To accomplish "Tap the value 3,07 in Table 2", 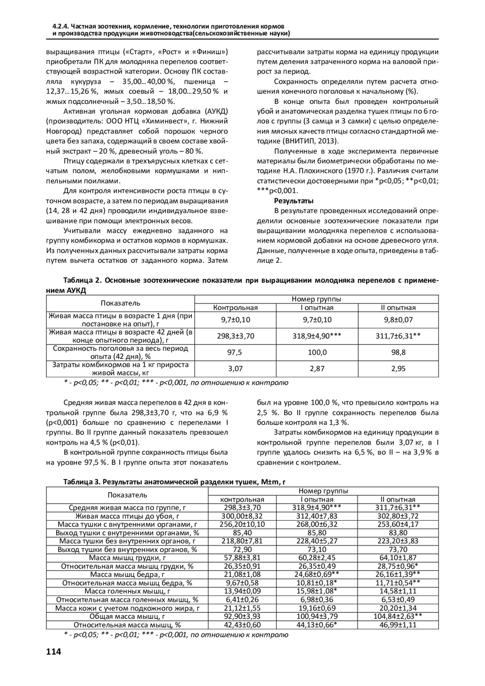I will click(235, 369).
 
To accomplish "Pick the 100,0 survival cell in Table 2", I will click(317, 352).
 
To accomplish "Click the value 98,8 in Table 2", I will click(398, 352).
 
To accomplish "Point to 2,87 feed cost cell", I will click(317, 369).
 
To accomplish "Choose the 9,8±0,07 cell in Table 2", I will click(398, 320).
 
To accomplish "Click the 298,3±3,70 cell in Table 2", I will click(235, 336).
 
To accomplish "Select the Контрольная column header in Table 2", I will click(235, 308).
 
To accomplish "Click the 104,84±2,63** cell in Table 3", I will click(398, 616).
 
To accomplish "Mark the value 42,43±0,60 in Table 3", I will click(242, 625).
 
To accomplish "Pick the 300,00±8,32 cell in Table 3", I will click(242, 516).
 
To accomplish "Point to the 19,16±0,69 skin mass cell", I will click(317, 608).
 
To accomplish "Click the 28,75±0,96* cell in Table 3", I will click(398, 566).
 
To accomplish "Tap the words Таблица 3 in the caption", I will click(82, 482).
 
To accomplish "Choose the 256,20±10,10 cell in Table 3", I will click(242, 525).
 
